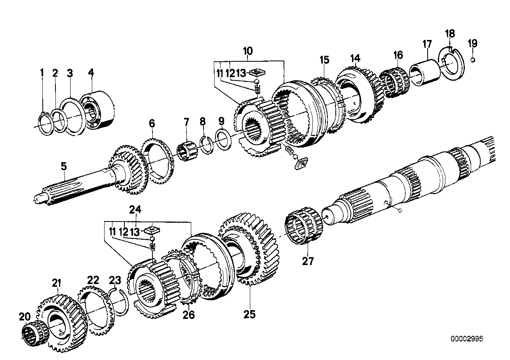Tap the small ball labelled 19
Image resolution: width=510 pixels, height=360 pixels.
tap(473, 60)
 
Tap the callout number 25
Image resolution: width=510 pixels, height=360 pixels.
tap(250, 315)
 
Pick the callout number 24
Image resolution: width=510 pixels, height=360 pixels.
tap(135, 210)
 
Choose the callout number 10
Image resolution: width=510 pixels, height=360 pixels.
tap(247, 51)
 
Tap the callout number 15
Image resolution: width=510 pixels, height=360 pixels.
tap(324, 60)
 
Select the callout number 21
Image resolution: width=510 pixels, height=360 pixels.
tap(57, 283)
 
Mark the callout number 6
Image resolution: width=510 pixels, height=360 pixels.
tap(152, 123)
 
